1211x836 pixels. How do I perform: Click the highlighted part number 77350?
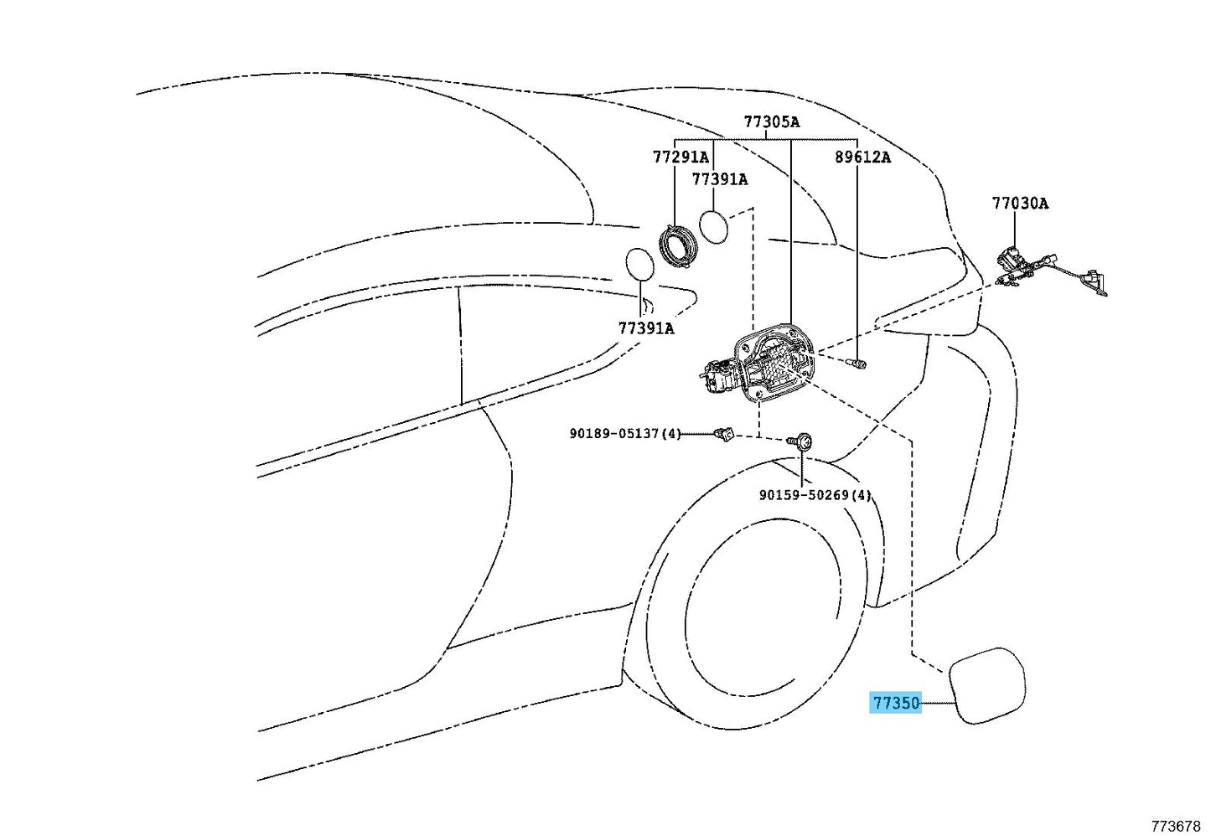896,703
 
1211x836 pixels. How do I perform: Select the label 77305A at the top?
772,122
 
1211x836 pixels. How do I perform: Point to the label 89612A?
863,157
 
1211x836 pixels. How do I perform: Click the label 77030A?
1020,204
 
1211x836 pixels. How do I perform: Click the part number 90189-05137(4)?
625,433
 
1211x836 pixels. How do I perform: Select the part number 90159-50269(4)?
815,495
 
